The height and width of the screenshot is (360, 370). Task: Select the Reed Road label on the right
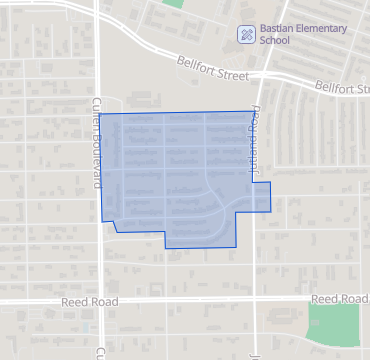[338, 299]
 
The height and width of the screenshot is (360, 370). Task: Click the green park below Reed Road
[332, 324]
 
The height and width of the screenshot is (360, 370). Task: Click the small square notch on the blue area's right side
[261, 197]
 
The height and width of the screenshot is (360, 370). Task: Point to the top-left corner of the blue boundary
[101, 115]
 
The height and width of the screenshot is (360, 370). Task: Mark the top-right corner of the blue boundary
[251, 112]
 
